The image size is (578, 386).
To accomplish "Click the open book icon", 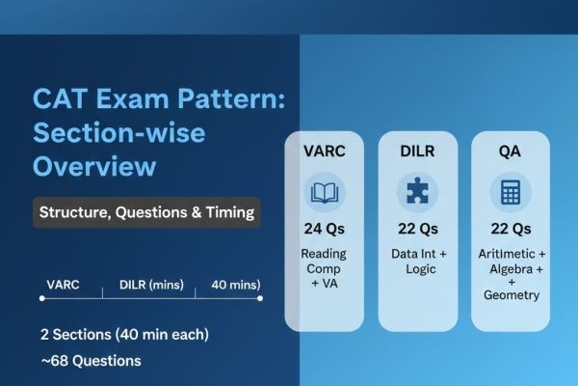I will (324, 191).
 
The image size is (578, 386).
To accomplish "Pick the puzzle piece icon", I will (417, 191).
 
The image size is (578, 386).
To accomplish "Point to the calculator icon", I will (511, 191).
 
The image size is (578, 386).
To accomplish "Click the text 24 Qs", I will (324, 229).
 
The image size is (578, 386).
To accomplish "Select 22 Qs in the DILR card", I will (417, 229).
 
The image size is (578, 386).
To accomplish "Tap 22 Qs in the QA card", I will (511, 229).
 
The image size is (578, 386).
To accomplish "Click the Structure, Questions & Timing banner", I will (147, 212).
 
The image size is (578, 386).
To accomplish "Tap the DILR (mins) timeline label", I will (152, 285).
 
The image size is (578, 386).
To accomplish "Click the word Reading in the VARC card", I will (324, 252).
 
